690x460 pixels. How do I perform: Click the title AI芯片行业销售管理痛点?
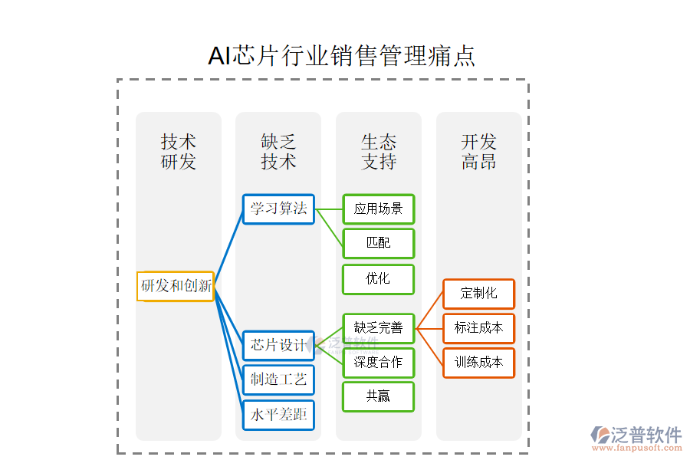click(x=342, y=56)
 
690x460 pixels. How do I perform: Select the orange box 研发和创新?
click(x=176, y=286)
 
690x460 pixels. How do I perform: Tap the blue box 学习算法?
click(x=278, y=209)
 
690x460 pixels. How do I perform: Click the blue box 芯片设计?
click(x=278, y=345)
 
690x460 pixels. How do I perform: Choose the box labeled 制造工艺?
click(x=278, y=379)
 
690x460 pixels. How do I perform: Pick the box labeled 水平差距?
click(x=278, y=415)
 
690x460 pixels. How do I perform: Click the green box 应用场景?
click(x=379, y=209)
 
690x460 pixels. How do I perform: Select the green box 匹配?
click(x=379, y=243)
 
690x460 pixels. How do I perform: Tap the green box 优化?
click(x=379, y=279)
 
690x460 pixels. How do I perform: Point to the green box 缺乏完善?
click(x=379, y=328)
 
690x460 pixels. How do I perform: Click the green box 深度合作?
click(x=379, y=363)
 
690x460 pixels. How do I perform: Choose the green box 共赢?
click(x=379, y=396)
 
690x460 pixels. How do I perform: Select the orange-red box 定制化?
click(x=478, y=294)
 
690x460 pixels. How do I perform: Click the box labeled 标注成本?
click(x=478, y=328)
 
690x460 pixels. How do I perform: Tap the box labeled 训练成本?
click(x=478, y=363)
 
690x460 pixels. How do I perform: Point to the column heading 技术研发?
click(x=179, y=152)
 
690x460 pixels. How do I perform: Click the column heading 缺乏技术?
click(x=278, y=152)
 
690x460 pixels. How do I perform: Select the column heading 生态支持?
click(x=379, y=152)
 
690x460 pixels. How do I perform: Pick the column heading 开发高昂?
click(x=478, y=152)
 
